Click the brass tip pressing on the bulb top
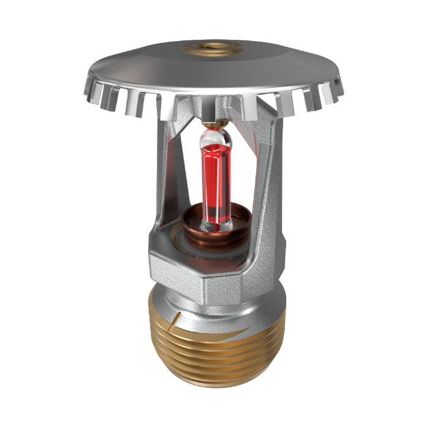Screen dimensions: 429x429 pos(213,126)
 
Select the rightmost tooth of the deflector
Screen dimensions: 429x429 pos(336,89)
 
